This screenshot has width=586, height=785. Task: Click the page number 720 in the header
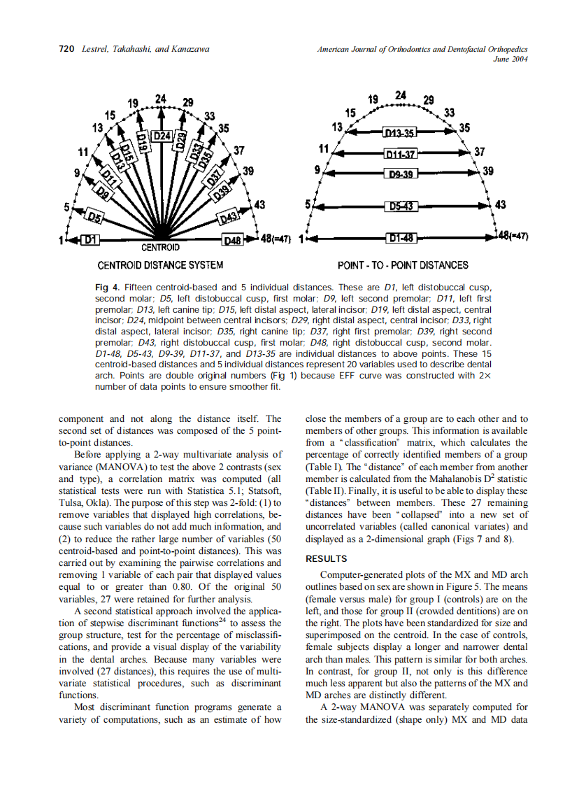66,50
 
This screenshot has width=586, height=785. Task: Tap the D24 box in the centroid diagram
162,135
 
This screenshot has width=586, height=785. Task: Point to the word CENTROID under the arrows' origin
160,248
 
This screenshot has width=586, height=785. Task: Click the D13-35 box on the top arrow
399,132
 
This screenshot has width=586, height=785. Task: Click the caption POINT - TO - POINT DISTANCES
403,265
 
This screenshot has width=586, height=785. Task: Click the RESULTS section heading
326,559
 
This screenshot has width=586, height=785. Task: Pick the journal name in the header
422,50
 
